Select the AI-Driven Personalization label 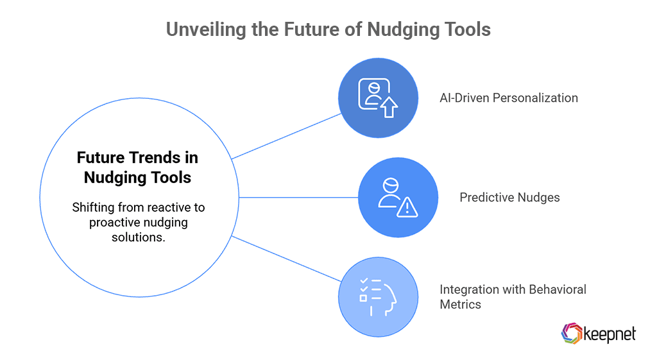tap(509, 98)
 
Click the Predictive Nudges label tap(509, 197)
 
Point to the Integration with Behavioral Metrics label tap(513, 296)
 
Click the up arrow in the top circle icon tap(389, 107)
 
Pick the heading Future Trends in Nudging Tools tap(137, 167)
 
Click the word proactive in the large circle tap(117, 222)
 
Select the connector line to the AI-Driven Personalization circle tap(286, 136)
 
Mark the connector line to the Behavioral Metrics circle tap(286, 259)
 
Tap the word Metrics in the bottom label tap(460, 304)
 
